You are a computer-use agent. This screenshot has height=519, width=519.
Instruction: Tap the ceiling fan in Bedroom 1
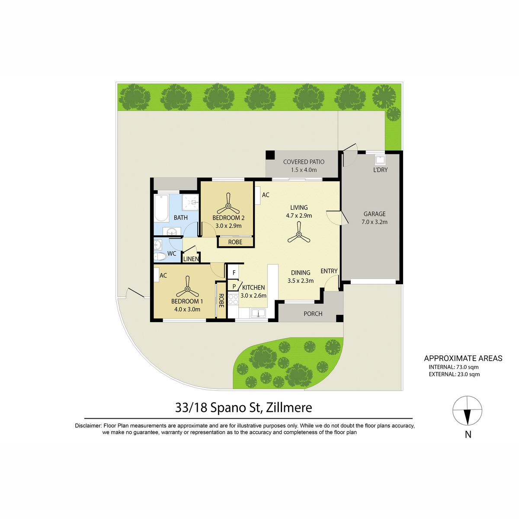click(x=187, y=288)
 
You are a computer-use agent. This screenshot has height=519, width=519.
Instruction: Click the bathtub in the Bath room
click(x=161, y=208)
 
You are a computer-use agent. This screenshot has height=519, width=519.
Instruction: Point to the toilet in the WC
click(x=160, y=256)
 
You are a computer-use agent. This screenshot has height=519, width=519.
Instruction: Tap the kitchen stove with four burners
click(x=233, y=299)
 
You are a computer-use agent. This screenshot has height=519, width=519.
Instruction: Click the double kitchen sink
click(x=258, y=313)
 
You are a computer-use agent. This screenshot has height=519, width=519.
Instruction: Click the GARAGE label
click(x=375, y=214)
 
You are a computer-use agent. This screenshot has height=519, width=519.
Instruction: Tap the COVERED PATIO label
click(x=304, y=162)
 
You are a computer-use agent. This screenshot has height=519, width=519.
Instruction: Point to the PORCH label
click(x=313, y=314)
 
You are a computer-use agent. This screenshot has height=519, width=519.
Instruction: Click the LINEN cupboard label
click(x=191, y=259)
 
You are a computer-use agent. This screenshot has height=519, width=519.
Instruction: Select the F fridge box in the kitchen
click(x=234, y=272)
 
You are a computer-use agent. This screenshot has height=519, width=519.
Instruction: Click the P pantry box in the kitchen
click(x=234, y=287)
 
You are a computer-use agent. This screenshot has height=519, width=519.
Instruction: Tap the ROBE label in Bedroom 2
click(x=235, y=242)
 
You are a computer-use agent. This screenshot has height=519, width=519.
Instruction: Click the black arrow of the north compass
click(x=468, y=417)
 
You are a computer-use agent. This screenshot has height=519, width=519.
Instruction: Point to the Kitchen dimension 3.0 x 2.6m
click(x=253, y=295)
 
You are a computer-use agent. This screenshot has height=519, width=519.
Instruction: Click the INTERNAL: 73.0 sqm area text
click(x=454, y=367)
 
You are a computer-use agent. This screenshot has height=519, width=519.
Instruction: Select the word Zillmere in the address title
click(x=289, y=407)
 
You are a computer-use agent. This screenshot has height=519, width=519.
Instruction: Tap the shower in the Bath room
click(x=190, y=202)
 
